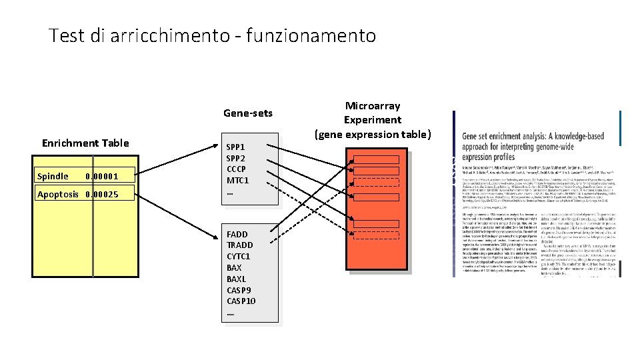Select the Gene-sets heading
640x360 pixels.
click(x=247, y=113)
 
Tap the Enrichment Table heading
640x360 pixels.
click(x=85, y=143)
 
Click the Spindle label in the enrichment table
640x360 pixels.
click(x=53, y=177)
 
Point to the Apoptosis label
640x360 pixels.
click(x=58, y=194)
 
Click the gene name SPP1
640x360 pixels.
click(x=236, y=147)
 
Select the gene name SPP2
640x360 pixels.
click(x=236, y=158)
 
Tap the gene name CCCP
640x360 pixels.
click(x=237, y=169)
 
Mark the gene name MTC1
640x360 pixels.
click(x=237, y=181)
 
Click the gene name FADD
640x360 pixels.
click(x=237, y=234)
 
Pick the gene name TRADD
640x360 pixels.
click(x=240, y=245)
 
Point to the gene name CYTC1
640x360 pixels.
click(x=239, y=257)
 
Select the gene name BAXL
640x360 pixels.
click(x=236, y=279)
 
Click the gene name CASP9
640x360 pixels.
click(x=238, y=290)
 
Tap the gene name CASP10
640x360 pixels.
click(x=241, y=301)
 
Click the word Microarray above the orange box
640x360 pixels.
click(x=373, y=106)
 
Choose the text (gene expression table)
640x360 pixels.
click(x=373, y=135)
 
